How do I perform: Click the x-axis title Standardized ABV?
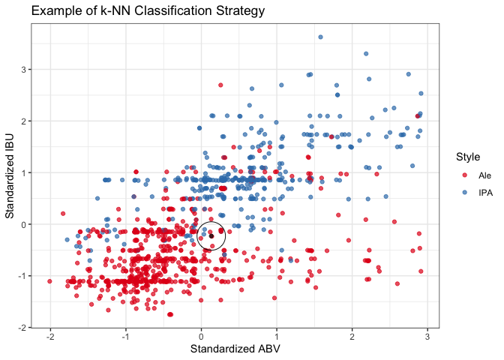click(234, 349)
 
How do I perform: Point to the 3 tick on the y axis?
click(24, 70)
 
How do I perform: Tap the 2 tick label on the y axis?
click(24, 121)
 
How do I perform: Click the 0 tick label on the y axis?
click(24, 224)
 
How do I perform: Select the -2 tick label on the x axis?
click(49, 337)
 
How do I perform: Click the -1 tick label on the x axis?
click(125, 337)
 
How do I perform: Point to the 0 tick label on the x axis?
click(201, 337)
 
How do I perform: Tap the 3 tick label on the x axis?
click(427, 337)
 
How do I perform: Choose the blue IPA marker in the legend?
click(464, 193)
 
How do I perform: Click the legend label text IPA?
click(486, 193)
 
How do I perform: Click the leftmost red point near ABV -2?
click(50, 281)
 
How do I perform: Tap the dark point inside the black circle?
click(211, 235)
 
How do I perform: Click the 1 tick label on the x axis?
click(277, 337)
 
